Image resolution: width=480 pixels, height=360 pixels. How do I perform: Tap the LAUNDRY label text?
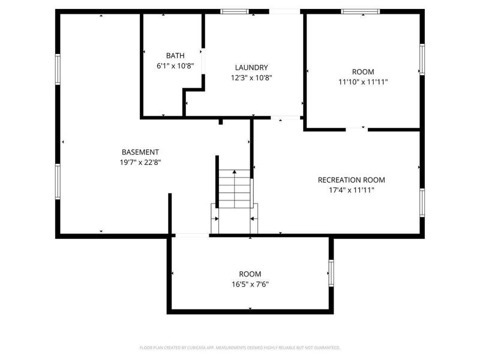251,68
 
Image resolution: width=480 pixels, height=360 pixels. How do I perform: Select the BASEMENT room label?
140,152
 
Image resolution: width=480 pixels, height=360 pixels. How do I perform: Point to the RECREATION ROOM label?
351,179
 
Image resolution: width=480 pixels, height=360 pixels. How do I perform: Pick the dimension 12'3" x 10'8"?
251,77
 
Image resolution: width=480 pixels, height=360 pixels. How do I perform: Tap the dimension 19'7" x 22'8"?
140,162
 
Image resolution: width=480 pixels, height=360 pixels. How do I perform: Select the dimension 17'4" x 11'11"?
351,190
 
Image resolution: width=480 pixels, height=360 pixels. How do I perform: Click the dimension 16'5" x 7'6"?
250,284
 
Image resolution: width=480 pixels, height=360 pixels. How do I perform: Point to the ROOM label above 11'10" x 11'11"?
362,72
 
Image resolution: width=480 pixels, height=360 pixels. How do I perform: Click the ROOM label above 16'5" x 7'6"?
250,274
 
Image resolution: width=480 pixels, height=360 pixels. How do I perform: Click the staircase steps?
234,189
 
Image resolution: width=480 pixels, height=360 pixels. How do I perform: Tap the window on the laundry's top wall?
234,11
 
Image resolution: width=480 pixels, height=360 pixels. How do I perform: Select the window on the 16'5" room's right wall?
331,273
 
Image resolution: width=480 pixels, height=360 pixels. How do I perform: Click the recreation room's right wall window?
422,203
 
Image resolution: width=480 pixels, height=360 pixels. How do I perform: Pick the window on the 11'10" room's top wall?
361,11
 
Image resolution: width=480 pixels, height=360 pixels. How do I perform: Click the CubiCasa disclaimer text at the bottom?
240,347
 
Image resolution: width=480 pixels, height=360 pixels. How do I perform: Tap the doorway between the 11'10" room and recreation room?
356,128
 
